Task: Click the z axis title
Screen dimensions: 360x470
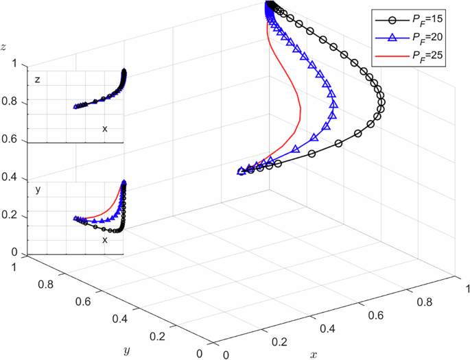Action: (4, 47)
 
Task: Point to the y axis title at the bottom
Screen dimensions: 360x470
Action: (126, 350)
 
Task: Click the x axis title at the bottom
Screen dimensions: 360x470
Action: (314, 355)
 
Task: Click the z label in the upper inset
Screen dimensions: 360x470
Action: (38, 80)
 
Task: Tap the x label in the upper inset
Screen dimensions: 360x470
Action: (105, 128)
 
